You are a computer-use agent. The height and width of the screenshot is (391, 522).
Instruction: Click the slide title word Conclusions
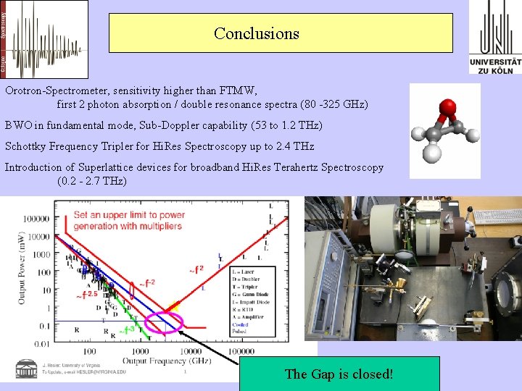[256, 34]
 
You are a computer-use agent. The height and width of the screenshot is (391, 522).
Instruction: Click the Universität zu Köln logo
[495, 37]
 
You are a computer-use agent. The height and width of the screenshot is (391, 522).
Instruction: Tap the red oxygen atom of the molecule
[448, 107]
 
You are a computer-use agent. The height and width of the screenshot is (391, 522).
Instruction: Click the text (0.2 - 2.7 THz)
[91, 180]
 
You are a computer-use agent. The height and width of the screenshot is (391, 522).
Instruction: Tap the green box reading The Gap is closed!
[339, 374]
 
